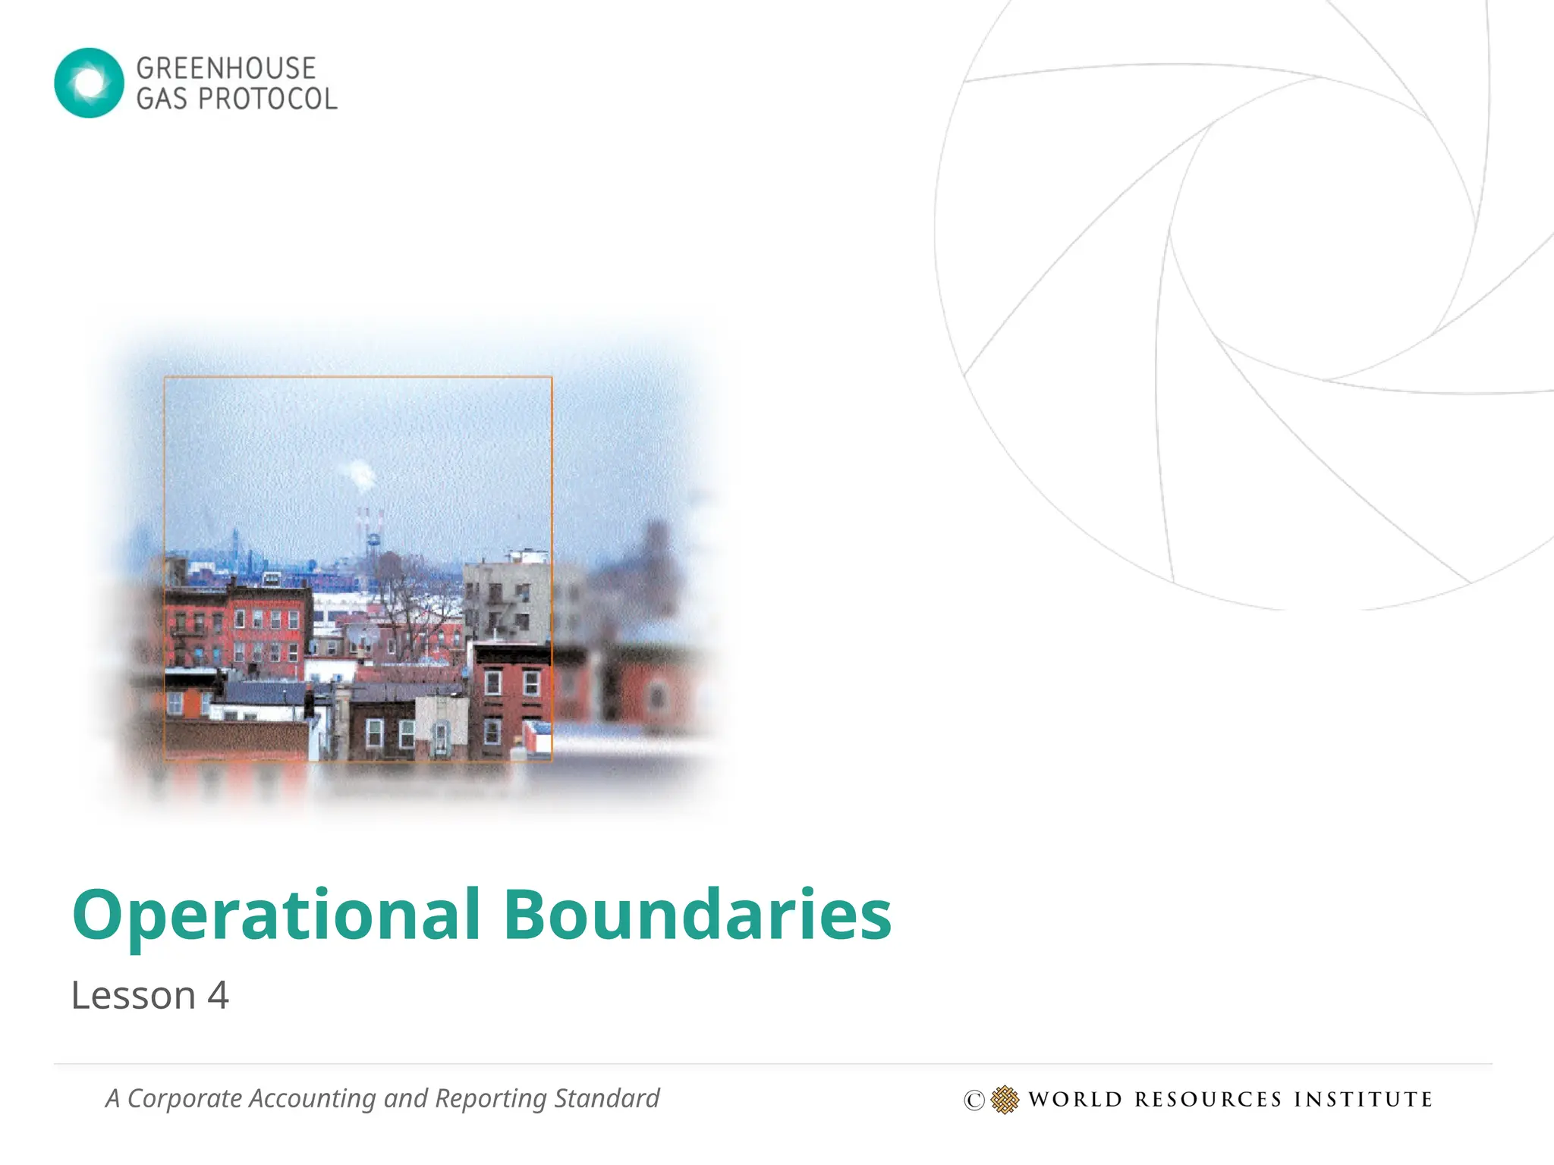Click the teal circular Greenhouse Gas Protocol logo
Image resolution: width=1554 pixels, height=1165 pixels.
click(x=89, y=83)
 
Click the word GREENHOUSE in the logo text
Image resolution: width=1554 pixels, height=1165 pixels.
click(x=225, y=68)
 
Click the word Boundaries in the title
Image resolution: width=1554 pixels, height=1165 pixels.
click(x=697, y=915)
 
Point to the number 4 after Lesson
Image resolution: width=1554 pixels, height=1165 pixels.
click(x=218, y=996)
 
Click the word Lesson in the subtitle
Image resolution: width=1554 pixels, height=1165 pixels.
click(x=134, y=996)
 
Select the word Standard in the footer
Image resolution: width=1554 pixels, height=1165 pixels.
click(x=606, y=1098)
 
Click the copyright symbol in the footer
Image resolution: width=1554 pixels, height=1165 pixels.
click(x=974, y=1100)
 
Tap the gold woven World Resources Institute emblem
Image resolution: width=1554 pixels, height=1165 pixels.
click(x=1005, y=1100)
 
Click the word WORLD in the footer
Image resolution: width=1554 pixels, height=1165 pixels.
click(x=1075, y=1100)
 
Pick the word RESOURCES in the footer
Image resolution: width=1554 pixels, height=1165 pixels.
click(x=1208, y=1100)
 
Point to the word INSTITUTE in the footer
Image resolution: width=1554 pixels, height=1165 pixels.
click(x=1363, y=1100)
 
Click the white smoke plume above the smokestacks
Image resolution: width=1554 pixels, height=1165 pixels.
click(x=361, y=474)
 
